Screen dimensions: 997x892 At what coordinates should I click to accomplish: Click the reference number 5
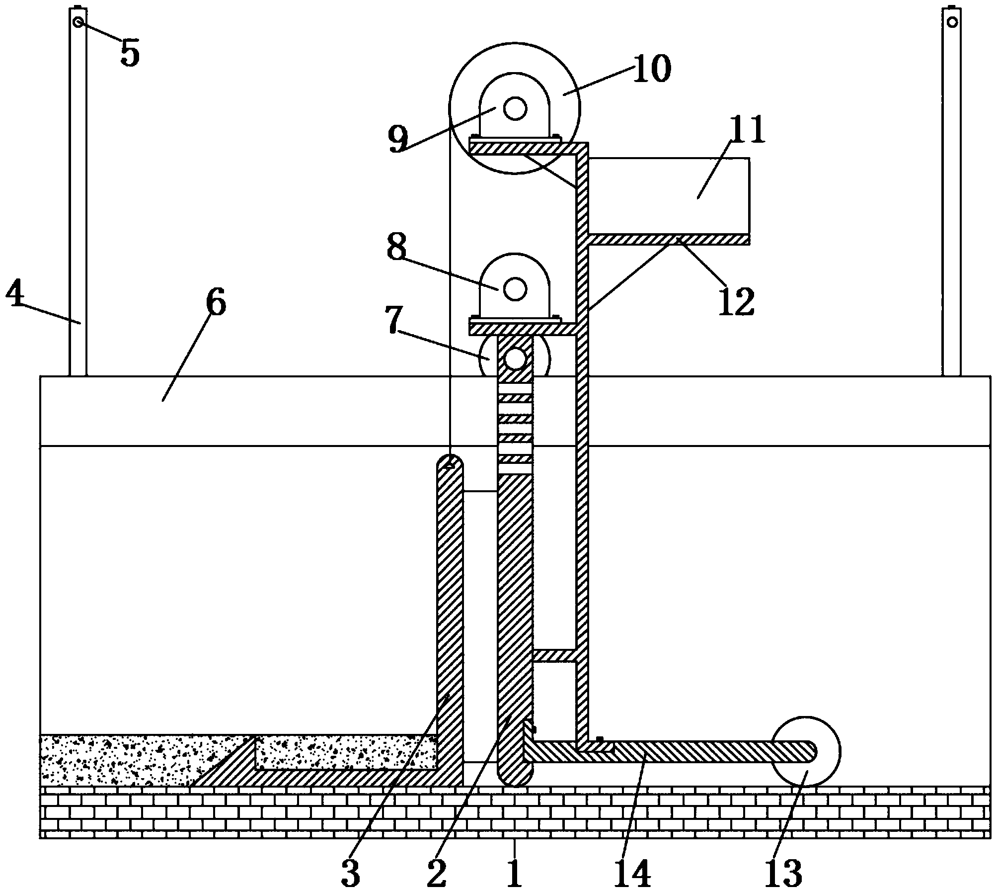(x=130, y=53)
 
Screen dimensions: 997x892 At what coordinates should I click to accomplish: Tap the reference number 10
(x=651, y=69)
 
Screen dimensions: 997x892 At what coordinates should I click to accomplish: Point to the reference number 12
(x=736, y=301)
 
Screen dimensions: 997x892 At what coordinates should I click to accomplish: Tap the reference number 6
(x=216, y=302)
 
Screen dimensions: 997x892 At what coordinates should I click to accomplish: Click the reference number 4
(x=15, y=295)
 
